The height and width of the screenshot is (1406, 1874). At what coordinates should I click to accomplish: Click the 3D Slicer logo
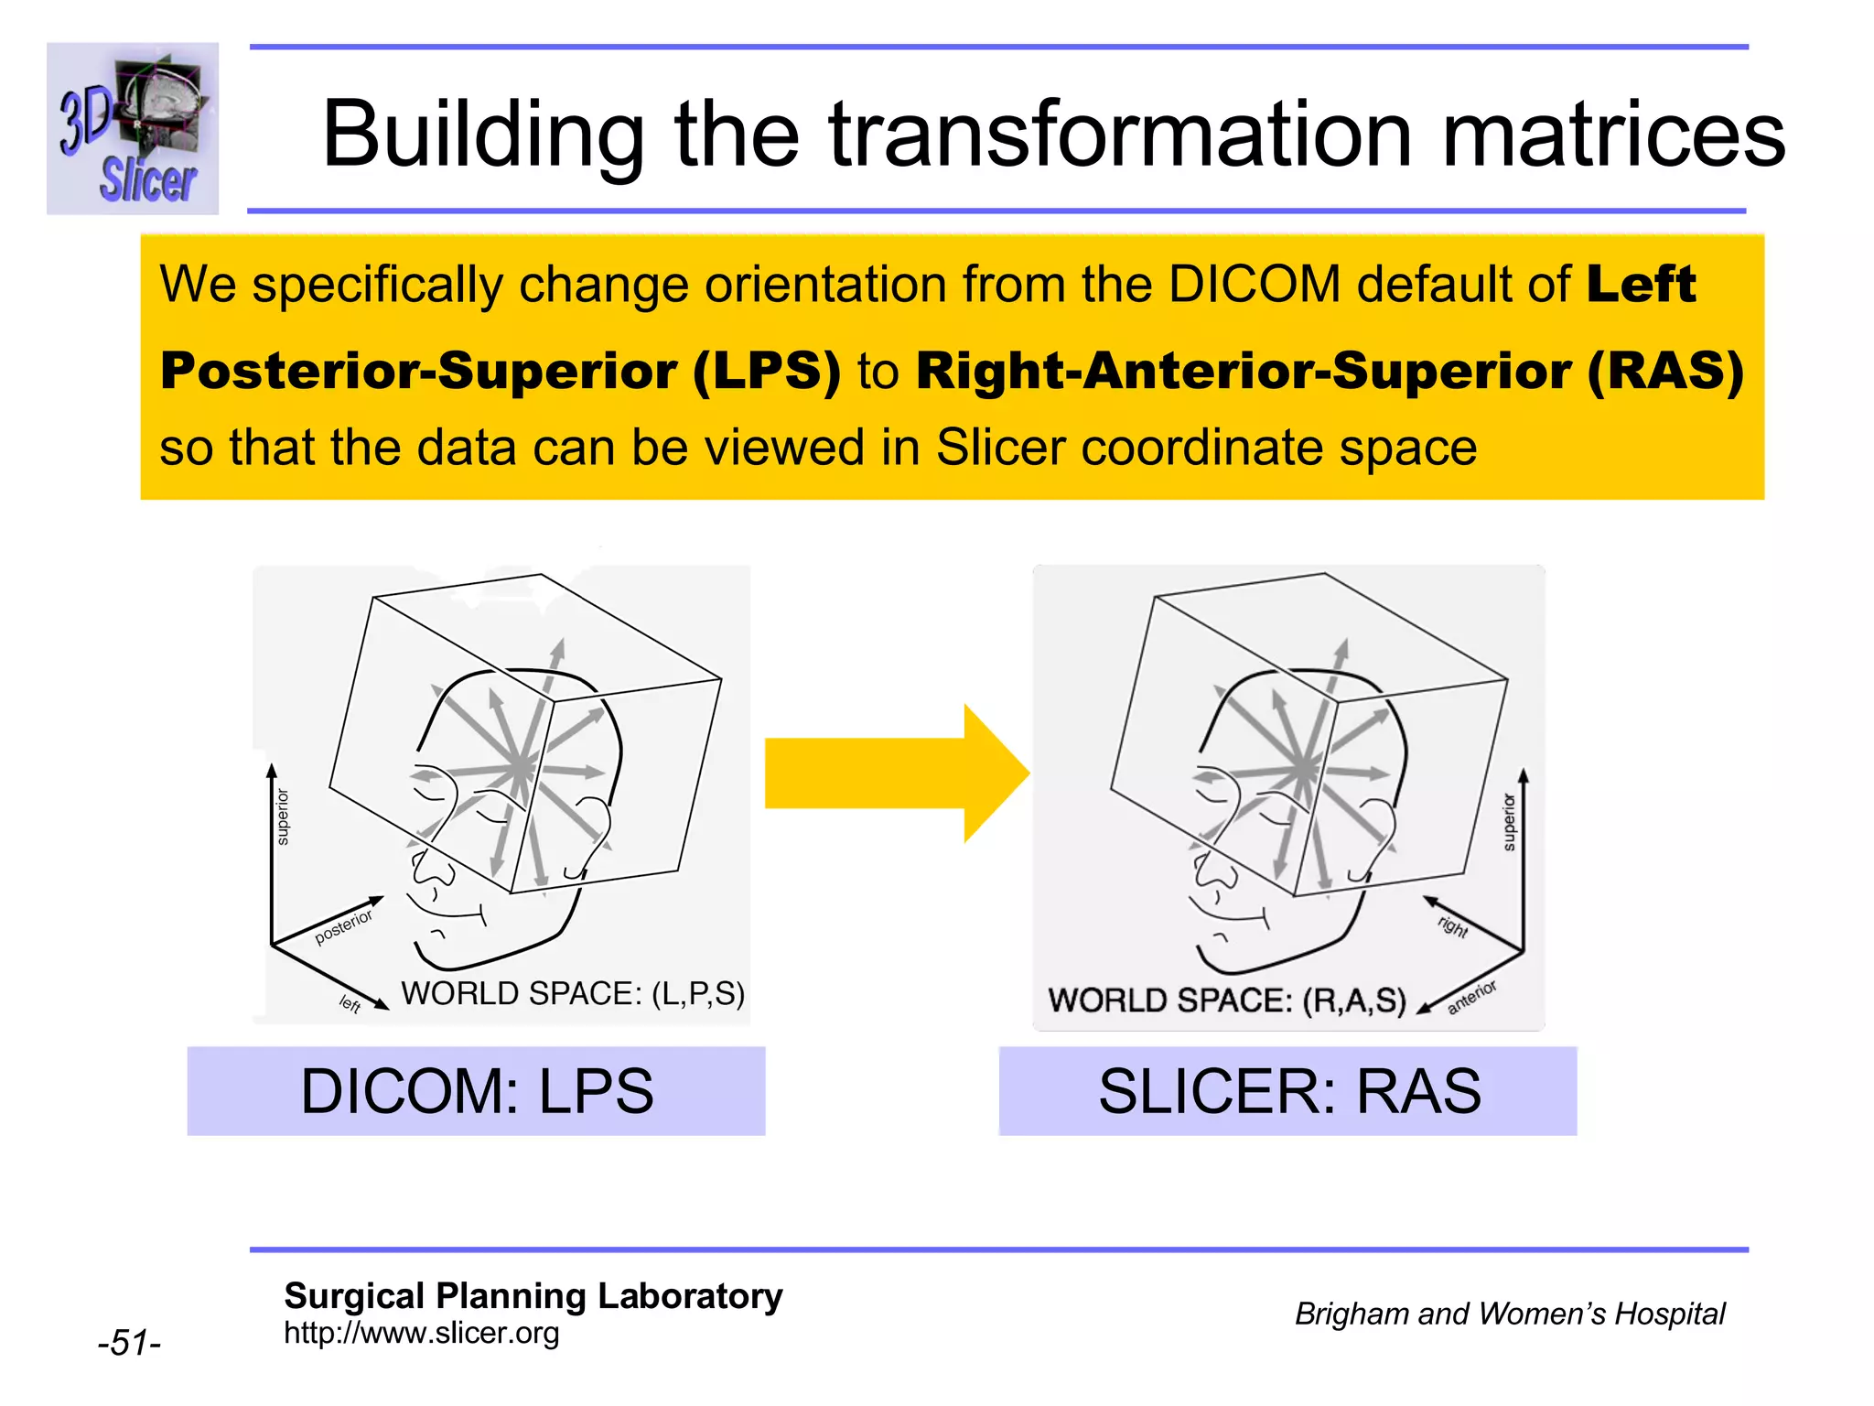coord(133,128)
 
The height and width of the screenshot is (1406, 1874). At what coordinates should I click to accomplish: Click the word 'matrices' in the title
coord(1612,135)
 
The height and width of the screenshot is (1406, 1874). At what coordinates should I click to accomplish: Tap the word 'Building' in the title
coord(483,135)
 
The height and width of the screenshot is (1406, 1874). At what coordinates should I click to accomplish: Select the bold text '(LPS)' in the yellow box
coord(767,371)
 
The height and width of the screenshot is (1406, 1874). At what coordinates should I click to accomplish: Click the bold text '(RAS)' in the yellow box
coord(1665,371)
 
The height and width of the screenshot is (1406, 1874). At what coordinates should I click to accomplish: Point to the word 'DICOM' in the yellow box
coord(1255,284)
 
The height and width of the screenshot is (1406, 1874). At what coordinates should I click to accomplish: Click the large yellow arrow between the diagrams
coord(897,773)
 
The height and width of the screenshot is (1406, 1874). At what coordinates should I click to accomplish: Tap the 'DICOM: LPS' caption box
coord(477,1091)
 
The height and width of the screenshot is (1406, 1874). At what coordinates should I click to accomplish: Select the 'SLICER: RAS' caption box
coord(1288,1091)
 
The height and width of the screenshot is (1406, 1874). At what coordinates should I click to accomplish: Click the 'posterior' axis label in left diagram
coord(343,927)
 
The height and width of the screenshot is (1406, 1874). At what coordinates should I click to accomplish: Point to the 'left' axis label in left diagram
coord(350,1004)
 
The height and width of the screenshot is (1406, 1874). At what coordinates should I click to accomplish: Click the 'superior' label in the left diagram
coord(283,817)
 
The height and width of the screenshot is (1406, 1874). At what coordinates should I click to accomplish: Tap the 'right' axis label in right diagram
coord(1453,926)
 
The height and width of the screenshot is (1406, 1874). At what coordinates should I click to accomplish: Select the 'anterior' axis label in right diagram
coord(1471,997)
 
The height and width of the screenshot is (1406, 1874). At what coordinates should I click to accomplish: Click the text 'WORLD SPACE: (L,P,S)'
coord(573,993)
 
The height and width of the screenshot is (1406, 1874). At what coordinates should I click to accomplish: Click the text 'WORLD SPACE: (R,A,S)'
coord(1226,1000)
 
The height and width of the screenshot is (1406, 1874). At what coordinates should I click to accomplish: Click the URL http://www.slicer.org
coord(421,1333)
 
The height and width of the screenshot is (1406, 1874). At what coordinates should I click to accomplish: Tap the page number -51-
coord(129,1343)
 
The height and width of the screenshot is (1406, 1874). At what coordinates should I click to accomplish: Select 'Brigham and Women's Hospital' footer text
coord(1509,1314)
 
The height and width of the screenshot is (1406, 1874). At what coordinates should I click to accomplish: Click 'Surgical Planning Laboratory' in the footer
coord(533,1296)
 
